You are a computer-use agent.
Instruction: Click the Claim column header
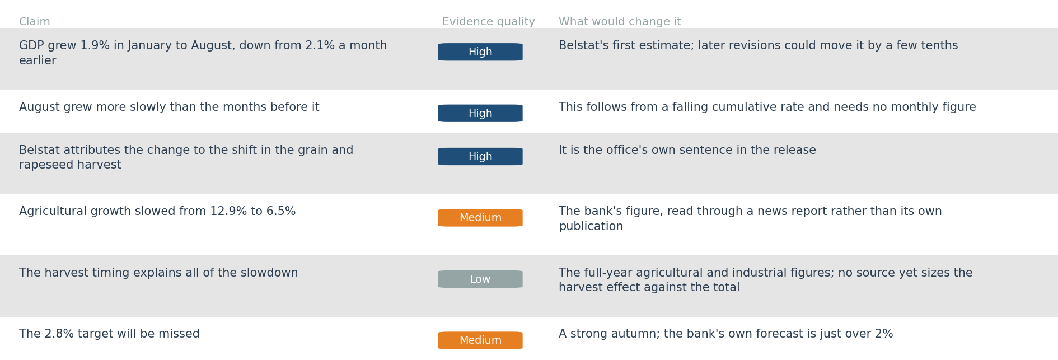point(35,22)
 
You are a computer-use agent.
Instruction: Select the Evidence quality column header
point(489,22)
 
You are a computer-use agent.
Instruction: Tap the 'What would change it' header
point(620,22)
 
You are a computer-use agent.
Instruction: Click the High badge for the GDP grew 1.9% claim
point(480,52)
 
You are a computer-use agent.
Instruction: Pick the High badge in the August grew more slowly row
point(480,113)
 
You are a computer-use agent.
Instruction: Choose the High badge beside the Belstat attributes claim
point(480,156)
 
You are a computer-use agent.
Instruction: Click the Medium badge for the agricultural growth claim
point(480,218)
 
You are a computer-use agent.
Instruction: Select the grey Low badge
point(480,279)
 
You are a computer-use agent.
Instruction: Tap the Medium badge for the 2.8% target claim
point(480,340)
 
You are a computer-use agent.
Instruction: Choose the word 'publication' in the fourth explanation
point(591,227)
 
